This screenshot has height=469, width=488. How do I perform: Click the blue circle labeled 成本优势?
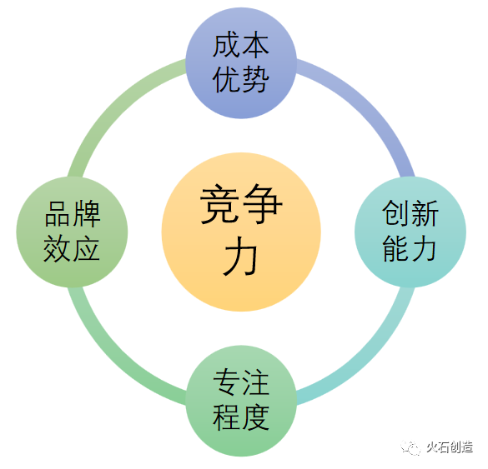coord(241,63)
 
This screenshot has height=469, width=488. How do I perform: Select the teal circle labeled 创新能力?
coord(410,232)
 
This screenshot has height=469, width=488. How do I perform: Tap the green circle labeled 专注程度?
coord(241,401)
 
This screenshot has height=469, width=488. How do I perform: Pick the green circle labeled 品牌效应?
coord(72,232)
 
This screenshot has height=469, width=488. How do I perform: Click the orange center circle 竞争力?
coord(241,232)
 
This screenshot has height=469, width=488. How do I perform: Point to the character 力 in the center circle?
coord(240,256)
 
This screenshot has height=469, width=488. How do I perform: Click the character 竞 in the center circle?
coord(219,204)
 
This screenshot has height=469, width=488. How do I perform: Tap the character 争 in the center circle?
coord(262,204)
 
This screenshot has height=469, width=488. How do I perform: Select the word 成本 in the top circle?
coord(241,45)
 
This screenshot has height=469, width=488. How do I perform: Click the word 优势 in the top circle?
coord(241,80)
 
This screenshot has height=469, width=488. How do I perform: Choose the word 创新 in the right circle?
coord(410,213)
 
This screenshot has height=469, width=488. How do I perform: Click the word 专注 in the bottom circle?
coord(241,382)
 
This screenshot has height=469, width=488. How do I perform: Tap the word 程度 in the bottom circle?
coord(241,417)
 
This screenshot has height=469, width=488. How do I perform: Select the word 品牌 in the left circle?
coord(73,214)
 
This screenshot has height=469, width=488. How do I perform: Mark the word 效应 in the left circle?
coord(72,248)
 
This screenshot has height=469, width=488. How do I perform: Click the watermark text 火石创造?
coord(450,447)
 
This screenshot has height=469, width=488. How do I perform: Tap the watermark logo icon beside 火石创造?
coord(410,447)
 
